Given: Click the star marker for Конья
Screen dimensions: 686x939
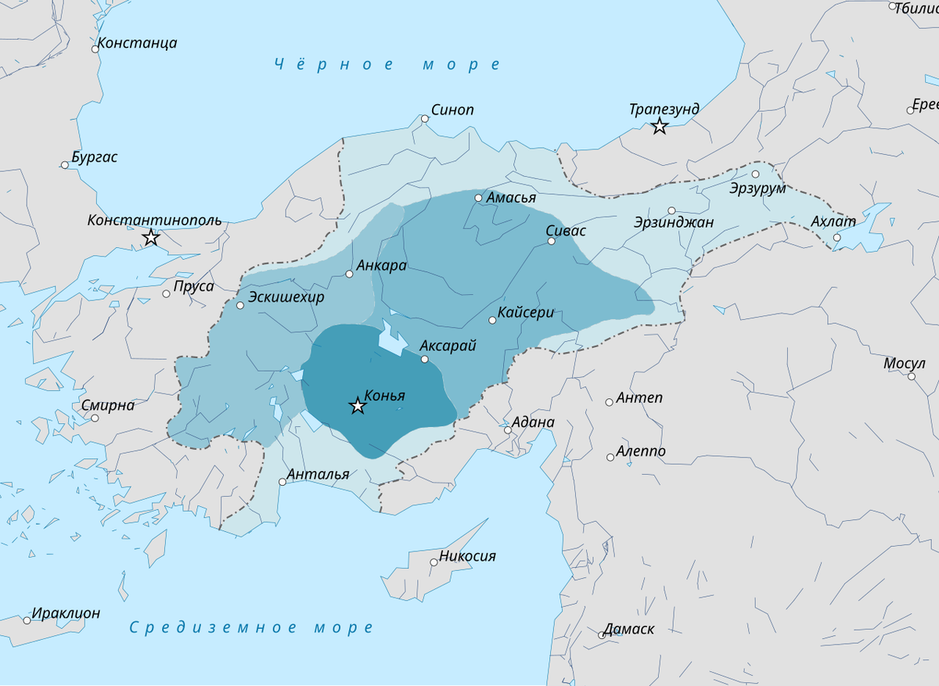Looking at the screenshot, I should coord(358,406).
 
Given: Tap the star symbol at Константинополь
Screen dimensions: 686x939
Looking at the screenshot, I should coord(152,238).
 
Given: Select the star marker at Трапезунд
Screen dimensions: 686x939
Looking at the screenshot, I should coord(660,126).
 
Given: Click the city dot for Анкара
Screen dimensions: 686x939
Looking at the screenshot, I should coord(350,274).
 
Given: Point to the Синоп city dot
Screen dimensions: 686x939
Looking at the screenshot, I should coord(425,119).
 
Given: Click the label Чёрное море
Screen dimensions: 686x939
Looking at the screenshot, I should coord(387,65).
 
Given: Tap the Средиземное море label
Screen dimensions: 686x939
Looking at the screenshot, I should coord(251,627).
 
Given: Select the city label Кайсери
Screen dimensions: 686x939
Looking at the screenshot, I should coord(526,313).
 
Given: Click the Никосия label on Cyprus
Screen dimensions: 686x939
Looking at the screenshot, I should coord(467,556).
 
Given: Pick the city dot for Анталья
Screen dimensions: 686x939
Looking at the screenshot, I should coord(282,482).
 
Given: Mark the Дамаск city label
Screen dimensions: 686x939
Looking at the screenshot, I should coord(628,629).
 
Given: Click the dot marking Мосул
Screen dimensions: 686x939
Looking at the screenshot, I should coord(912,376).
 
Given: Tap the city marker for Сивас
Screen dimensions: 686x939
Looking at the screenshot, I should coord(551,241).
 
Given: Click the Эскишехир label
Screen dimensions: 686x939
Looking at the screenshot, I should coord(286,297).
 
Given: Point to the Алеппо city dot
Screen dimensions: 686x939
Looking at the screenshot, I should coord(610,457).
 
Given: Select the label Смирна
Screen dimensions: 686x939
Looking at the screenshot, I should coord(108,405).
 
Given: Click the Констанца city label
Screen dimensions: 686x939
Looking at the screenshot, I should coord(137,43).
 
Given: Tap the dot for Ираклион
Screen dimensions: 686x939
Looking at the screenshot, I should coord(27,620).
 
